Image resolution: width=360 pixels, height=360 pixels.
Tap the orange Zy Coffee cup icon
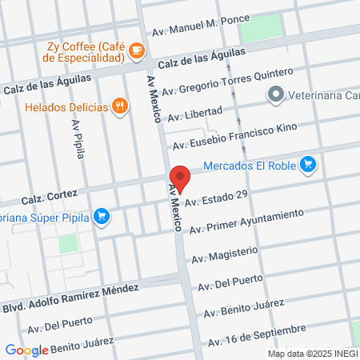136,50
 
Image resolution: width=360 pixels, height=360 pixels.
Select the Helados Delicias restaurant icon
120,105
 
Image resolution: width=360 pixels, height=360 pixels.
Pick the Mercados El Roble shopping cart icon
309,166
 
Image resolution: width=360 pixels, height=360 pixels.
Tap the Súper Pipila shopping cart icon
101,215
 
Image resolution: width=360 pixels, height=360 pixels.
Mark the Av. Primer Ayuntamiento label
246,220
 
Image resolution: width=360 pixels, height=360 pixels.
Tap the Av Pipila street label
79,141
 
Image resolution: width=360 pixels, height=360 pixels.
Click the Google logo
26,350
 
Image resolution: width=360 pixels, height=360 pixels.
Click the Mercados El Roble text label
249,166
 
